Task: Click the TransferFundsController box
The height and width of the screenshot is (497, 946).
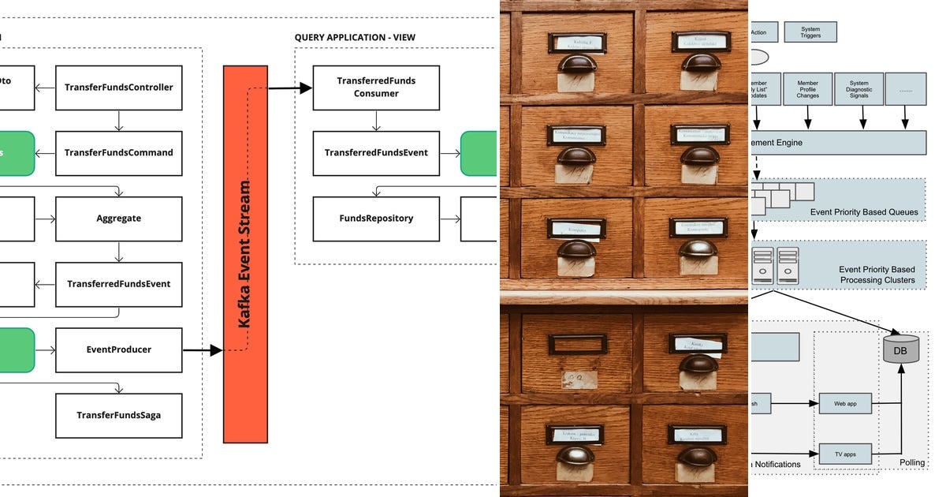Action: point(119,88)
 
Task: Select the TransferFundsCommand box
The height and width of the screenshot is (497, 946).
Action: point(119,153)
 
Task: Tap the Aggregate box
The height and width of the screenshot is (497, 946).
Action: point(119,219)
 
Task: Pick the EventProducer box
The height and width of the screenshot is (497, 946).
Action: point(119,349)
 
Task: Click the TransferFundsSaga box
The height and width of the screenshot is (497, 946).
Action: point(119,415)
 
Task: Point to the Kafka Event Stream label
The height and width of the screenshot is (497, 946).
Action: point(245,254)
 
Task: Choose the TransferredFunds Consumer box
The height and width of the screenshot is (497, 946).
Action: point(376,88)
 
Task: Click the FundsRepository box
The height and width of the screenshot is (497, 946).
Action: point(376,219)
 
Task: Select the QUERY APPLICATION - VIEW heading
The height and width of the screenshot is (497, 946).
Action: point(355,38)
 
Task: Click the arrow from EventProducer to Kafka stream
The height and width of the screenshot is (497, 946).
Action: point(203,349)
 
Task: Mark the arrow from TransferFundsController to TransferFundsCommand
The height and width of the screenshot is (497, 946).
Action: point(118,121)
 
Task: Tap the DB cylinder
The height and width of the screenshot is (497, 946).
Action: point(901,348)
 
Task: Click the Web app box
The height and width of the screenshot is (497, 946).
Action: point(845,404)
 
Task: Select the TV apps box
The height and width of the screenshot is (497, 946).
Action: point(845,454)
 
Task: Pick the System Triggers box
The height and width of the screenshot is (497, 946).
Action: point(810,32)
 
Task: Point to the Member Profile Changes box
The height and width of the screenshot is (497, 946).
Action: point(807,90)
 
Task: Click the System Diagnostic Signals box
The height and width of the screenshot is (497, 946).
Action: point(859,90)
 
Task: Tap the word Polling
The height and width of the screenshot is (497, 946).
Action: point(912,462)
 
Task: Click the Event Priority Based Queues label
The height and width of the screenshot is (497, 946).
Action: point(863,212)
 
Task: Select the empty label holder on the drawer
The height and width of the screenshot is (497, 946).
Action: point(577,345)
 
